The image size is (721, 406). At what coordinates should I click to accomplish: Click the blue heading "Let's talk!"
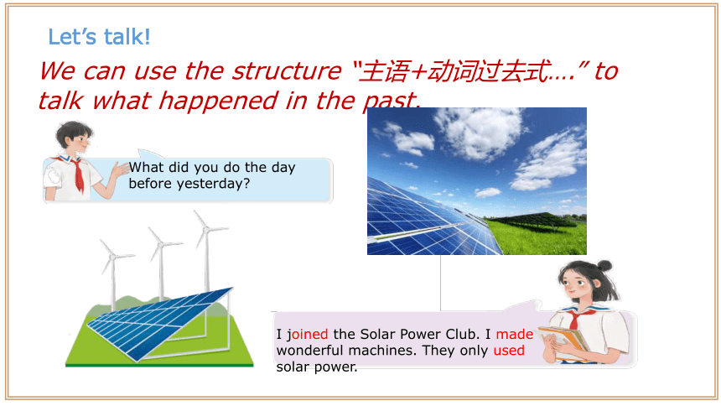(x=99, y=37)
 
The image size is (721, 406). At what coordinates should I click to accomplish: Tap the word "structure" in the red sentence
(x=287, y=71)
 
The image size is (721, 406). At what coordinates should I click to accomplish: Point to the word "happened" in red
(x=218, y=101)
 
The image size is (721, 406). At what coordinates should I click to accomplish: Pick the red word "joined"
(x=307, y=334)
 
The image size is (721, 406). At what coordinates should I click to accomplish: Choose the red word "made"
(x=515, y=334)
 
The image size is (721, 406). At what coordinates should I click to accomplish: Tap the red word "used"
(x=509, y=351)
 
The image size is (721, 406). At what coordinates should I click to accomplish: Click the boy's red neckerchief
(x=78, y=175)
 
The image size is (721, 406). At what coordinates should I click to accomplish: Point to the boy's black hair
(x=74, y=131)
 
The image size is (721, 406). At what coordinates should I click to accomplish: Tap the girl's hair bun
(x=604, y=266)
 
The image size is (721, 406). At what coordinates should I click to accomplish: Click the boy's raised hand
(x=120, y=169)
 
